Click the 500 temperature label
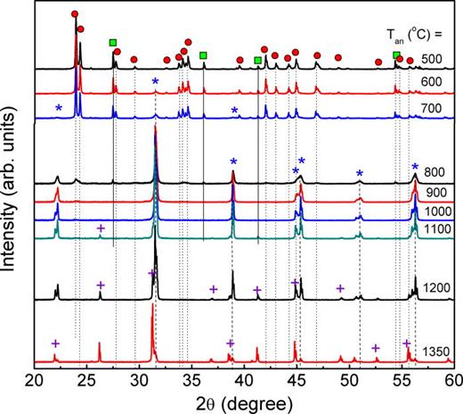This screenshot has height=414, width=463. point(434,59)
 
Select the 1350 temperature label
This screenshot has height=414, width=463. point(432,349)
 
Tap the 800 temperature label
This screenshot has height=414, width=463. point(434,177)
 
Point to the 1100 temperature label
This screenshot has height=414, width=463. point(432,228)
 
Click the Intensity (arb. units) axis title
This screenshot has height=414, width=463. point(10,191)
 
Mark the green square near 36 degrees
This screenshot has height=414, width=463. point(203,55)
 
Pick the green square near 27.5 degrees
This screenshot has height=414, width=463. point(113,42)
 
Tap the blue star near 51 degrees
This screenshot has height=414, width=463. point(360,174)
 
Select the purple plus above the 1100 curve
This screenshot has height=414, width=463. point(101,228)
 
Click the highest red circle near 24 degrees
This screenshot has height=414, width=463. point(74,15)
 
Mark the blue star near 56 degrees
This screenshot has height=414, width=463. point(415,167)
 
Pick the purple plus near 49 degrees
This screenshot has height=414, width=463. point(340,288)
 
